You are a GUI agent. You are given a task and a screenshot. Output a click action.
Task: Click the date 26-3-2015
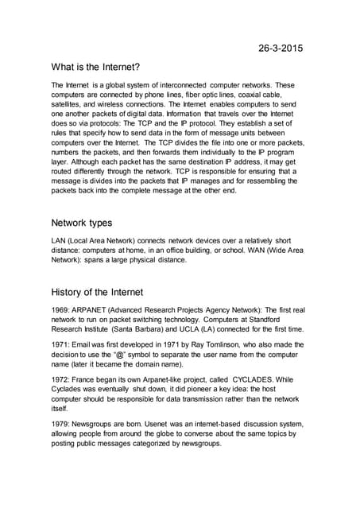point(281,49)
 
